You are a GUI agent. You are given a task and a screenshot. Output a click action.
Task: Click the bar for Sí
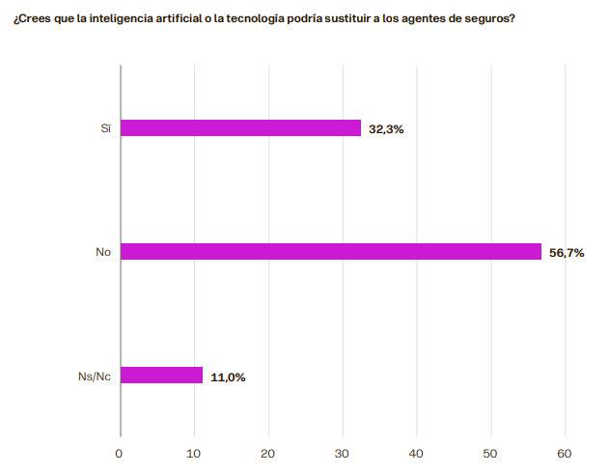click(x=240, y=127)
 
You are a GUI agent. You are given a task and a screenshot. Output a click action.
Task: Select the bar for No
click(x=330, y=252)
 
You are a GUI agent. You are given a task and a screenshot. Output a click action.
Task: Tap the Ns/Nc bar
click(x=161, y=376)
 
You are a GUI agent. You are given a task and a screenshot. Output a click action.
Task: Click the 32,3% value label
click(x=386, y=128)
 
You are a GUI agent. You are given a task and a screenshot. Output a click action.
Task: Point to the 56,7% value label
click(x=567, y=253)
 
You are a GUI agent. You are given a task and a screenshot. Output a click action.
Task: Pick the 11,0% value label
click(x=228, y=376)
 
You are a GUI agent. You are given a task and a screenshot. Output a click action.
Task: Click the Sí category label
click(x=105, y=128)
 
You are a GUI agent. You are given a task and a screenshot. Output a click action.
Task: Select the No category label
click(x=103, y=253)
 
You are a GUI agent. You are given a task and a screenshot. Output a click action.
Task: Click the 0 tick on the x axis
click(x=120, y=453)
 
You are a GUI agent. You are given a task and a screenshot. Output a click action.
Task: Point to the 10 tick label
click(x=194, y=453)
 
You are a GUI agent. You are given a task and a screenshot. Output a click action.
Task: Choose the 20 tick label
click(x=268, y=453)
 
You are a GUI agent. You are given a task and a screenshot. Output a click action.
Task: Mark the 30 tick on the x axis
click(x=343, y=453)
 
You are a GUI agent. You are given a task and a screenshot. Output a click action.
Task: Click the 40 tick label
click(x=417, y=453)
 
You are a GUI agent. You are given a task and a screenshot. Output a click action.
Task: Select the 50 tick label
click(x=491, y=453)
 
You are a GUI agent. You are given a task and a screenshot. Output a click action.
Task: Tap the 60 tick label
click(x=566, y=453)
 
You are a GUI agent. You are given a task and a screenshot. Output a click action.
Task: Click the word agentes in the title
click(x=426, y=19)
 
